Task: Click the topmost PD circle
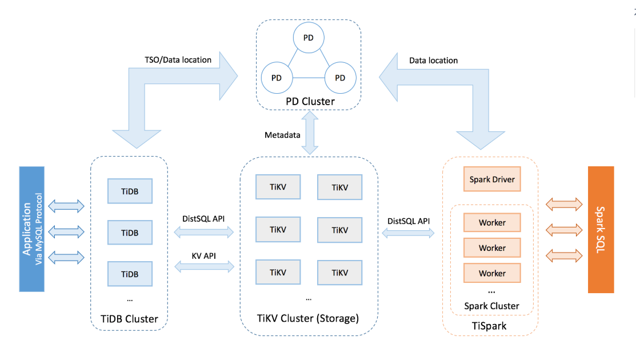coord(309,38)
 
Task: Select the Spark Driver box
coord(492,179)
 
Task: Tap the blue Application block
coord(31,229)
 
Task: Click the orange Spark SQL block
coord(601,230)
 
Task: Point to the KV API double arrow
coord(204,266)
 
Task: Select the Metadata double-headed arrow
coord(309,133)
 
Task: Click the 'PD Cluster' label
coord(310,102)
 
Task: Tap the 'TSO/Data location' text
coord(178,59)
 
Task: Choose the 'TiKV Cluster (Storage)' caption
coord(308,318)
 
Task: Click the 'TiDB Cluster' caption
coord(129,318)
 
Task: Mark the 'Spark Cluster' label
coord(491,306)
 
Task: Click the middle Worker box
coord(492,248)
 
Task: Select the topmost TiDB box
coord(130,191)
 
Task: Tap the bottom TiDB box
coord(130,274)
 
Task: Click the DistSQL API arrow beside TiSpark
coord(408,233)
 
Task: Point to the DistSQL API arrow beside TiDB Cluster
coord(204,231)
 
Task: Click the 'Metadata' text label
coord(282,135)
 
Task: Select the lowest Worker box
coord(492,273)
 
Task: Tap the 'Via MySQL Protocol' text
coord(39,229)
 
